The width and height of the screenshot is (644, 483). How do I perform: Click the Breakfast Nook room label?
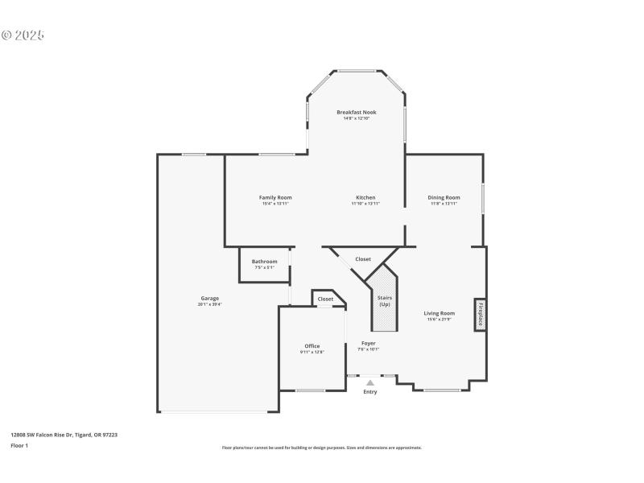(357, 112)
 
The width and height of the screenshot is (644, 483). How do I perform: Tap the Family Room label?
(275, 197)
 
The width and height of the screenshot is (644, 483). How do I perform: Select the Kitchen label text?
(365, 197)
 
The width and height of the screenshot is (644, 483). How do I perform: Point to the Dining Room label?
(444, 197)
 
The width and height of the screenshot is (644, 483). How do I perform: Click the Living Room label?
(440, 313)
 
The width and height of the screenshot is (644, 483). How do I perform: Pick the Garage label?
(210, 298)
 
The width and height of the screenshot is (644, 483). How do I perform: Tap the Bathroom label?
(264, 261)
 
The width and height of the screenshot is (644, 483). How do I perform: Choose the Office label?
(312, 346)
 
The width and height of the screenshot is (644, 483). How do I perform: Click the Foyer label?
(368, 343)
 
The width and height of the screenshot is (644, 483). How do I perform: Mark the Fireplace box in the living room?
(480, 314)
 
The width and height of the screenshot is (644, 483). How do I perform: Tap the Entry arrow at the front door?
(370, 382)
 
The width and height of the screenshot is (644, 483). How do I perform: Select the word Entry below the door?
(370, 392)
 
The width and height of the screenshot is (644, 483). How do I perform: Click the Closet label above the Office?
(325, 299)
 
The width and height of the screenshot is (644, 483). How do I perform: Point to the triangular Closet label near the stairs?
(363, 259)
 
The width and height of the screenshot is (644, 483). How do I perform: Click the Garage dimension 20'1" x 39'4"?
(210, 304)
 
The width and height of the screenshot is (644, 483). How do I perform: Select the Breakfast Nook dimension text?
(357, 118)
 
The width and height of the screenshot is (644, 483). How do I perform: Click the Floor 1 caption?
(19, 445)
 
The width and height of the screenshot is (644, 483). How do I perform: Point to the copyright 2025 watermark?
(23, 35)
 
